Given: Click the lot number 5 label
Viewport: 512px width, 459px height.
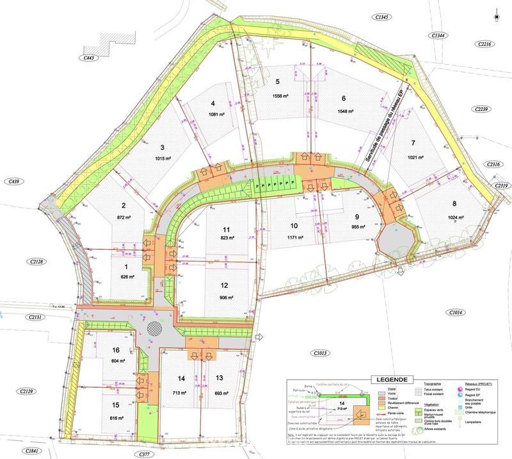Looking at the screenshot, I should point(278,81).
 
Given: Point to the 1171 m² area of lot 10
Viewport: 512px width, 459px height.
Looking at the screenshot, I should point(294,237).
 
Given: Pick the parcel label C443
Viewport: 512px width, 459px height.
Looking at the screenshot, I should point(89,58).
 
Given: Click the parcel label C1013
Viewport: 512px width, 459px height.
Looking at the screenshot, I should point(320,353).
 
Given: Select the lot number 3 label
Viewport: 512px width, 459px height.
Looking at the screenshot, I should point(163,146).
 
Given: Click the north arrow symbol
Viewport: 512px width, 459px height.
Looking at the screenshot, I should point(497,13).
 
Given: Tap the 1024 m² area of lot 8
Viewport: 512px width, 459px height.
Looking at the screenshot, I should point(454,217).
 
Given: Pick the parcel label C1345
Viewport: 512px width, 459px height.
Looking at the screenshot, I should point(383,16).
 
